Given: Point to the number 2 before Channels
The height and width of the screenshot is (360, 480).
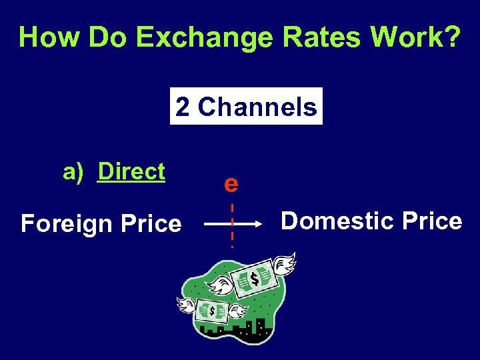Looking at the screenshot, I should [183, 107].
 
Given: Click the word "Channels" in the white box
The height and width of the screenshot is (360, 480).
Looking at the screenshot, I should [257, 107].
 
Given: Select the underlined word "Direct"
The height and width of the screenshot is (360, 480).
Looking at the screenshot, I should [131, 172].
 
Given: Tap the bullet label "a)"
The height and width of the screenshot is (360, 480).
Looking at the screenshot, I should [73, 172].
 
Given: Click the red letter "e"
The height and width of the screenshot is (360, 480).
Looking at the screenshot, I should [231, 183].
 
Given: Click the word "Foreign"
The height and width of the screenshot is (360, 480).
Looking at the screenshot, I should [65, 224].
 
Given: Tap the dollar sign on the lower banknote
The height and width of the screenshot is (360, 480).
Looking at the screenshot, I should [212, 311].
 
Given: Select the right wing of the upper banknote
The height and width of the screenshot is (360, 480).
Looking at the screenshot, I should [284, 263].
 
